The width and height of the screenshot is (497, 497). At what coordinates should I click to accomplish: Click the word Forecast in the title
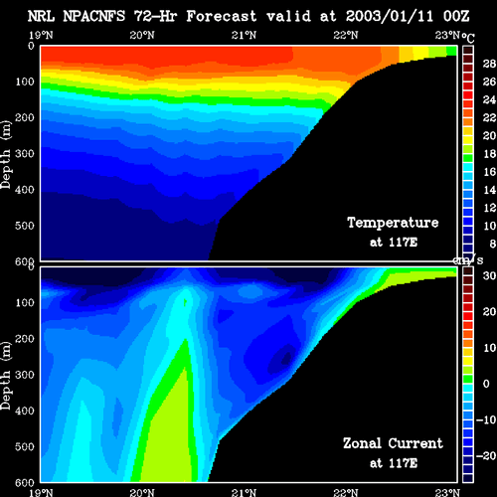click(222, 16)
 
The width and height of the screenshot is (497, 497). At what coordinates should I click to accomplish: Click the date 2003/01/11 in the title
click(390, 16)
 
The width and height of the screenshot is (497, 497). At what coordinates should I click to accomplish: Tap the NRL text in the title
click(41, 16)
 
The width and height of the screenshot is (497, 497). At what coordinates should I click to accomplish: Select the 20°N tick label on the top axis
click(142, 35)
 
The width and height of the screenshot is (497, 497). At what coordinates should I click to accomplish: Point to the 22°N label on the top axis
click(346, 35)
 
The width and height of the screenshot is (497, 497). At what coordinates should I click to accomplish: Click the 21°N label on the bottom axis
click(244, 492)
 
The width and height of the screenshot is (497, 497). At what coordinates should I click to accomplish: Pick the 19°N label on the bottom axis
click(41, 492)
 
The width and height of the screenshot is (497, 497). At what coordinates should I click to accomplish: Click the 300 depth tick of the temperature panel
click(25, 153)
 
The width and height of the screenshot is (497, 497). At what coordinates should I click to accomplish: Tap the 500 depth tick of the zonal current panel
click(25, 446)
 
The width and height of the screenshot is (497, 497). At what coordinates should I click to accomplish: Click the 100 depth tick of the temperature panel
click(25, 82)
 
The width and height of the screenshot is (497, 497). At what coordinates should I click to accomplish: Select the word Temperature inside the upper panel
click(393, 223)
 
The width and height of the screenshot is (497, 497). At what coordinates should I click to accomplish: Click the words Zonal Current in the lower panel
click(393, 443)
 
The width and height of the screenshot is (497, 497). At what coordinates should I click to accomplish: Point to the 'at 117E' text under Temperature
click(394, 243)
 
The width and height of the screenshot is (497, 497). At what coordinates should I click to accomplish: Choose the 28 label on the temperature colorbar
click(489, 64)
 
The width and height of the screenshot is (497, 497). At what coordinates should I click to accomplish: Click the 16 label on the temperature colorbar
click(489, 172)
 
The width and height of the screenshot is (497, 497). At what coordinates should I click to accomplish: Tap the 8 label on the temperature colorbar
click(492, 244)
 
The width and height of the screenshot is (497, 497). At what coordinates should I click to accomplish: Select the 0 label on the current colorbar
click(486, 384)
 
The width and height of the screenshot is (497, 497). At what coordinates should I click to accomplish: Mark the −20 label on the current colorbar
click(486, 456)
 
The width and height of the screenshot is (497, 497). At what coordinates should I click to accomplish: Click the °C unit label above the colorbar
click(468, 38)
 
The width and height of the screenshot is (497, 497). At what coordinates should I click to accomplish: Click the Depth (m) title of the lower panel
click(6, 376)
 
